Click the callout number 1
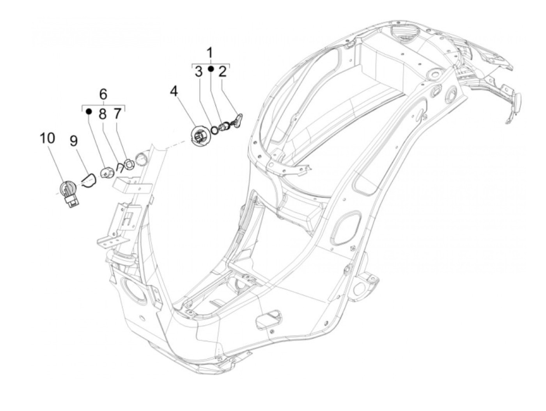210,52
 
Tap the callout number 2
223,72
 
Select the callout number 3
199,72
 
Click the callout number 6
103,94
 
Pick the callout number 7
117,114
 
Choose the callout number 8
103,114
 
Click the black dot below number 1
211,69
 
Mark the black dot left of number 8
89,111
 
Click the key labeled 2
237,120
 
